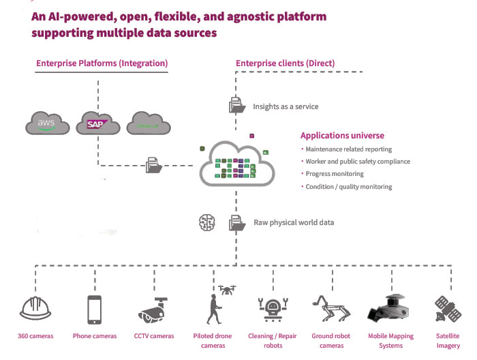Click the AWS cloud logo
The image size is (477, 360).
pyautogui.click(x=46, y=125)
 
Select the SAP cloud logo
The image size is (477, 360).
pyautogui.click(x=97, y=125)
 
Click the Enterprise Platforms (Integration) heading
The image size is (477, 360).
pyautogui.click(x=102, y=63)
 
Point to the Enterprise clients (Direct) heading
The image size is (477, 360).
pyautogui.click(x=285, y=63)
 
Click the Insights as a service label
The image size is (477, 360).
pyautogui.click(x=286, y=106)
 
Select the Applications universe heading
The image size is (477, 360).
pyautogui.click(x=342, y=136)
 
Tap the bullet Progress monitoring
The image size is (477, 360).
pyautogui.click(x=334, y=174)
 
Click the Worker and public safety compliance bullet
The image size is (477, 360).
pyautogui.click(x=358, y=162)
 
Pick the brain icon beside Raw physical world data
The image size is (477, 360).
pyautogui.click(x=206, y=222)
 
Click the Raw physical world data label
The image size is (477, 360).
pyautogui.click(x=293, y=222)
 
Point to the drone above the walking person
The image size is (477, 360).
pyautogui.click(x=227, y=290)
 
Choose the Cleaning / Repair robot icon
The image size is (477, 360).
pyautogui.click(x=273, y=309)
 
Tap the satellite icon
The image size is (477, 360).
pyautogui.click(x=448, y=309)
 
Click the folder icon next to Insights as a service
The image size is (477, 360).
pyautogui.click(x=236, y=106)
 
